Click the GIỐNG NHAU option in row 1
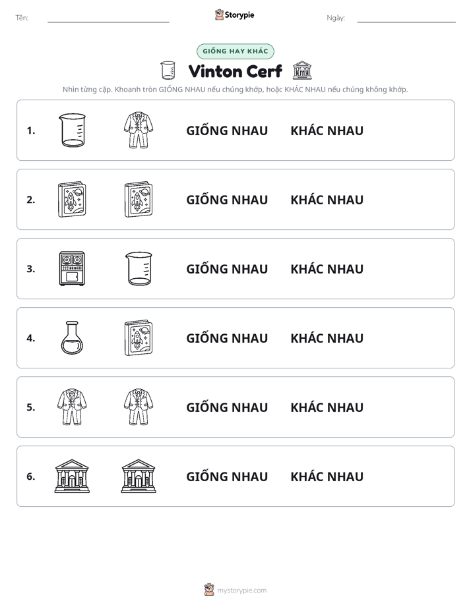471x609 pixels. point(227,130)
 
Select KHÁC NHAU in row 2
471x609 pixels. point(327,199)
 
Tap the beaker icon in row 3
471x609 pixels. point(139,268)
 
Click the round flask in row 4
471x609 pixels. point(73,337)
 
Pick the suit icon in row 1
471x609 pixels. point(139,130)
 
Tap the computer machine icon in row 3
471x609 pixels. point(72,268)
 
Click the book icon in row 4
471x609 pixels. point(139,338)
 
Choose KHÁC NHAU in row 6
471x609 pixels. point(327,476)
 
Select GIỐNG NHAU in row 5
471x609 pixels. point(227,407)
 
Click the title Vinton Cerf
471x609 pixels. point(235,71)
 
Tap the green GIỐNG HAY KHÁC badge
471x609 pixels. point(235,51)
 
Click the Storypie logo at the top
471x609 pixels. point(234,15)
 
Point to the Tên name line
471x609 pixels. point(108,22)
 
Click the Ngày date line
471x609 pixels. point(406,22)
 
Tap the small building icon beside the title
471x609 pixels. point(302,71)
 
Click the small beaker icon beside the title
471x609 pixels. point(168,71)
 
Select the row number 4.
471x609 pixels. point(31,338)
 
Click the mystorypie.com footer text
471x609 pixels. point(241,591)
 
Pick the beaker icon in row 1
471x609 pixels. point(72,130)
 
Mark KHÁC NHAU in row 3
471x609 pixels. point(327,268)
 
